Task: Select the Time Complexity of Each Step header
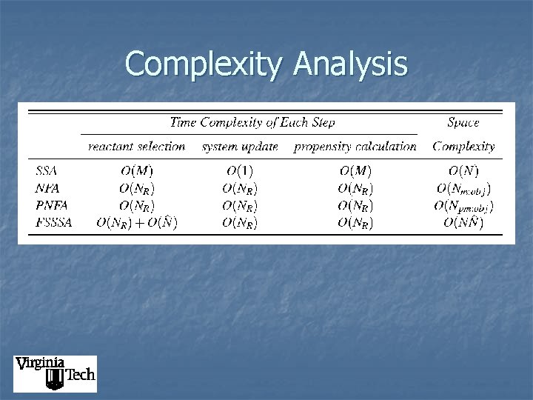click(x=252, y=122)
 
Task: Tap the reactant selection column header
click(x=136, y=147)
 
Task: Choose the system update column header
click(x=240, y=147)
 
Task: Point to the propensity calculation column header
click(x=355, y=147)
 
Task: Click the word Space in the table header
click(x=463, y=122)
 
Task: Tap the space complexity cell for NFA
click(x=463, y=189)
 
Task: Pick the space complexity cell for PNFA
click(x=463, y=206)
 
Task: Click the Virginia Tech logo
click(x=55, y=373)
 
